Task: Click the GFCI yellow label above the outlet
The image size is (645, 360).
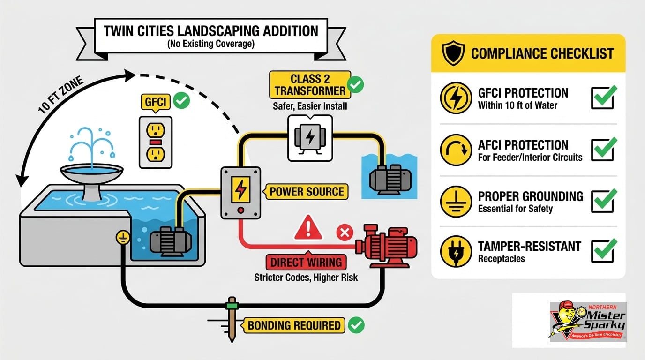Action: (x=156, y=102)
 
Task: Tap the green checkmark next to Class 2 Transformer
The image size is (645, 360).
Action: (x=355, y=84)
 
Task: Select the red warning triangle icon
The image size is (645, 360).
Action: (x=308, y=228)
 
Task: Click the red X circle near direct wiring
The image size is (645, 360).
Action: (x=345, y=232)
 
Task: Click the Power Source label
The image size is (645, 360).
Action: (x=307, y=192)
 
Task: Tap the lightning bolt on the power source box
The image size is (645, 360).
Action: (x=241, y=189)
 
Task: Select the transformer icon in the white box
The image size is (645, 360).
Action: (x=310, y=138)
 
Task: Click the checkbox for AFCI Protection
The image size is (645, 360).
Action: (x=603, y=150)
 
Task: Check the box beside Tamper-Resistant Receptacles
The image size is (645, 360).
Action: (x=603, y=251)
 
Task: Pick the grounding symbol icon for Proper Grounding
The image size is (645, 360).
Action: (x=456, y=202)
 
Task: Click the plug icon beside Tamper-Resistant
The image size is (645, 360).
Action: (x=456, y=251)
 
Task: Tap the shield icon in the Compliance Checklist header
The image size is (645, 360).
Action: (x=453, y=53)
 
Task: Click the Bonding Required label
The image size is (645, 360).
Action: (x=294, y=325)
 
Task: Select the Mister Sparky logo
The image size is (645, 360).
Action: (x=588, y=322)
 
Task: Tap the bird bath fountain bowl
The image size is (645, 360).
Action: (x=91, y=172)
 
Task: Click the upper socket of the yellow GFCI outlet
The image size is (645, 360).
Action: (x=156, y=130)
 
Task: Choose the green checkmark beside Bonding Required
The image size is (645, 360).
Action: (x=356, y=325)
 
